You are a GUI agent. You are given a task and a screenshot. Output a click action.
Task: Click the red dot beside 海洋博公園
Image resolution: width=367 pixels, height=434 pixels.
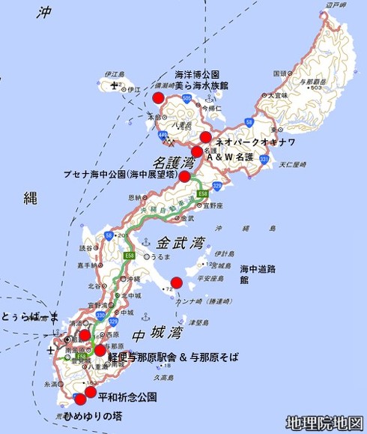coord(158,97)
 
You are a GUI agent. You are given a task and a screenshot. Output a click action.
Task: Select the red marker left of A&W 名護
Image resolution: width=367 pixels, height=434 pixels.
coord(197,151)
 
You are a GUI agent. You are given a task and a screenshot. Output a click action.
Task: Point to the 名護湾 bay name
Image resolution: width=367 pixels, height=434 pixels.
coord(170,162)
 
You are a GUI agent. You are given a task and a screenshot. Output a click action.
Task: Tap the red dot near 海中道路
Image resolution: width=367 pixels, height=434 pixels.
coord(176,282)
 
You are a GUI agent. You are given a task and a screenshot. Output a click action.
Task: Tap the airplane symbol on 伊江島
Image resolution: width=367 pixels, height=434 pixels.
coord(112,88)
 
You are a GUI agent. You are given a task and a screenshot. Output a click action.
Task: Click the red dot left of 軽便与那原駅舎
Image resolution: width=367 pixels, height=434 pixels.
coord(100,350)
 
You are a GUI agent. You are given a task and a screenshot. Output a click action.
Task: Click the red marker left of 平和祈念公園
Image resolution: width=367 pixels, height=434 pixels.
coord(91,392)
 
